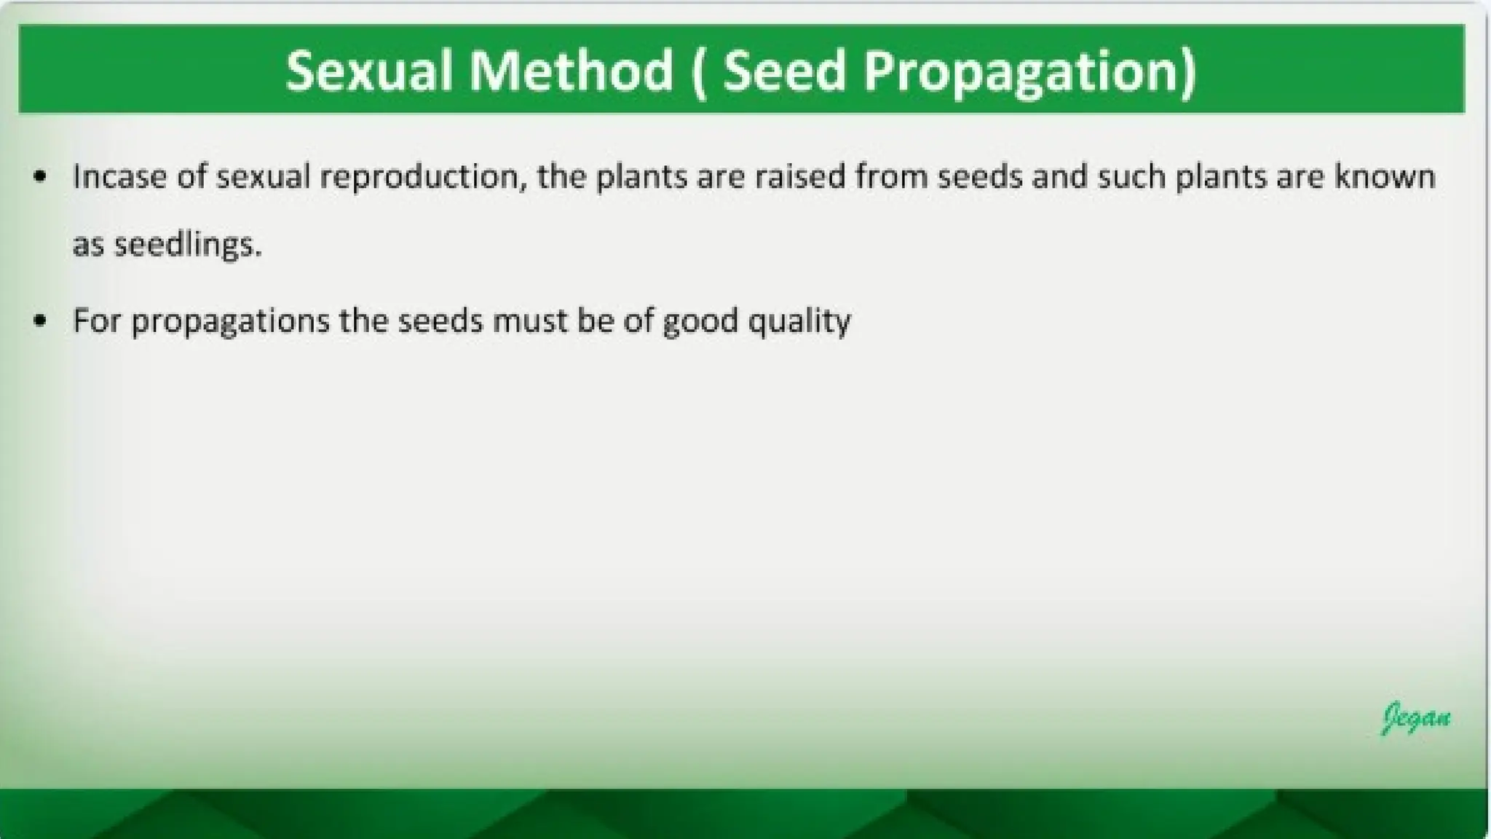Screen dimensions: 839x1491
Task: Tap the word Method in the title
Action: pyautogui.click(x=571, y=71)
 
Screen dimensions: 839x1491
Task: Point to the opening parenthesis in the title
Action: pyautogui.click(x=697, y=72)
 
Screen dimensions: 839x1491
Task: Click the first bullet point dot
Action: pyautogui.click(x=41, y=176)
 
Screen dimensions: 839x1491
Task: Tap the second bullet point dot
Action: pyautogui.click(x=41, y=320)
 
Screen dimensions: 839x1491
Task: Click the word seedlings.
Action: pyautogui.click(x=188, y=245)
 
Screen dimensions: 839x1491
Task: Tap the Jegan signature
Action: pyautogui.click(x=1415, y=717)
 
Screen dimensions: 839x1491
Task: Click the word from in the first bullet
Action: pyautogui.click(x=891, y=176)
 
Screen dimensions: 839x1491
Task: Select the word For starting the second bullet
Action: pyautogui.click(x=96, y=320)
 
